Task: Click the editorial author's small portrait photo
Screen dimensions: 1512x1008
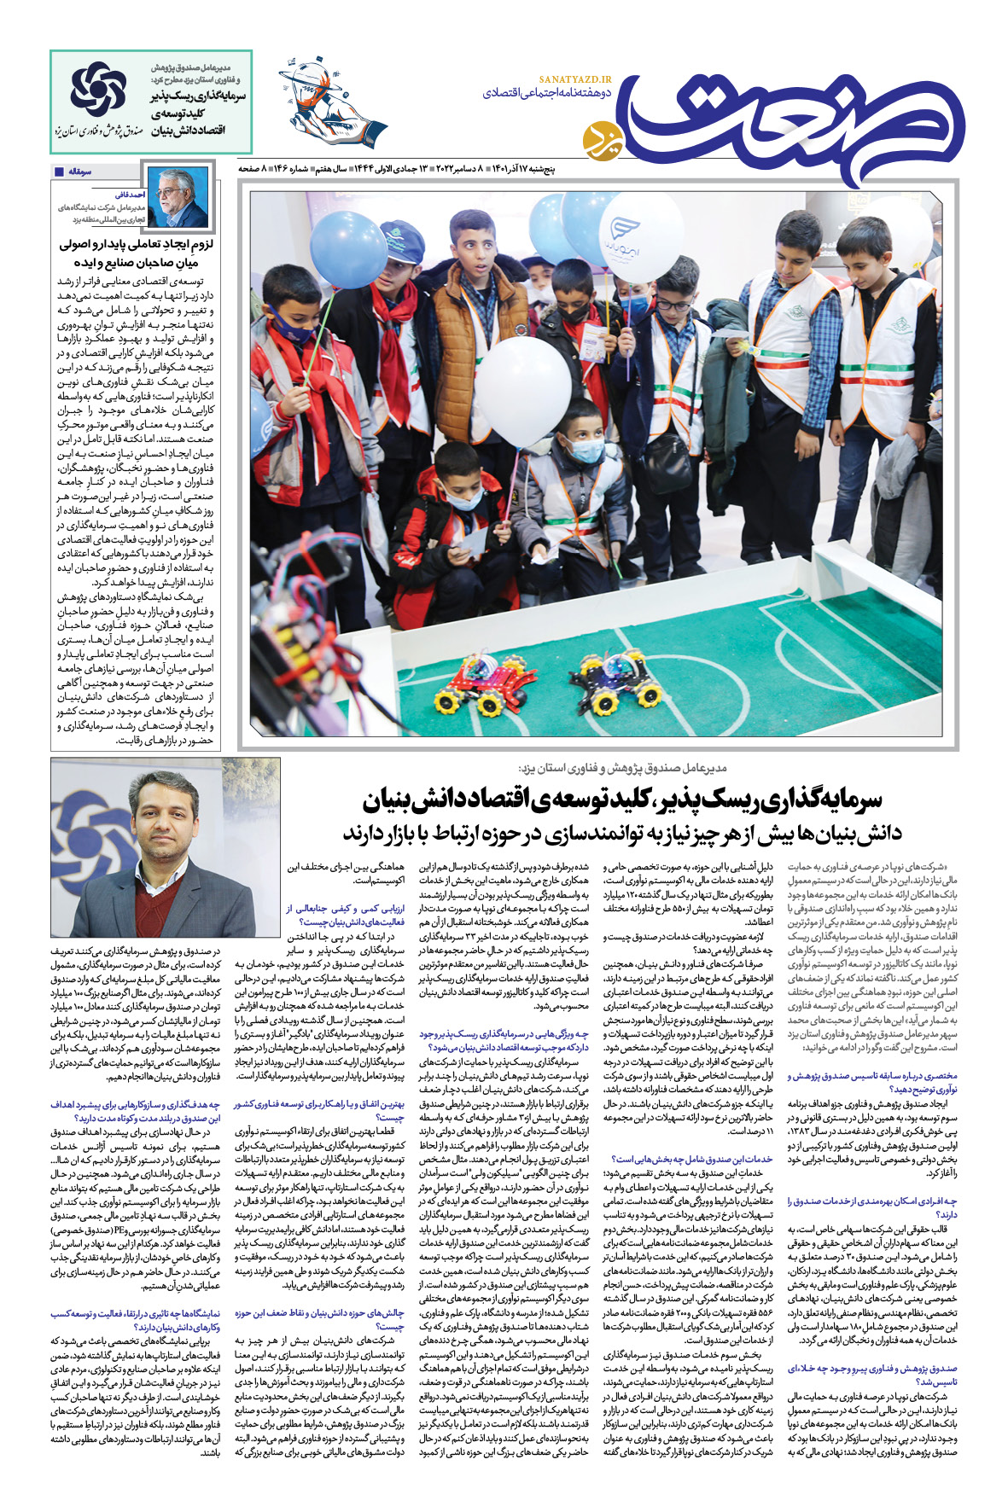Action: coord(178,197)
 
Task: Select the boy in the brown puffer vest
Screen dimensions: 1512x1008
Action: coord(475,333)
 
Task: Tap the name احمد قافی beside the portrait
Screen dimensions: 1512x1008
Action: coord(130,195)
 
